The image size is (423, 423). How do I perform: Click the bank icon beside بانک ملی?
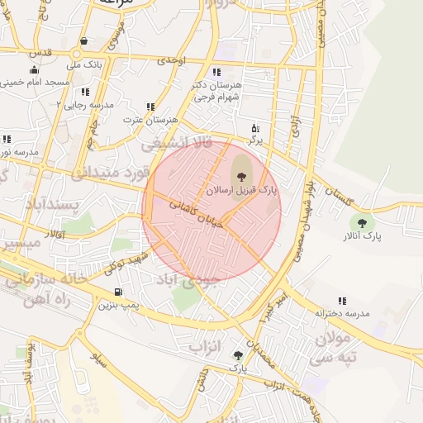click(x=83, y=40)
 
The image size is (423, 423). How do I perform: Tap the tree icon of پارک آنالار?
click(x=361, y=221)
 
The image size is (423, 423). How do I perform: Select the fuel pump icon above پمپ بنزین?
click(x=119, y=292)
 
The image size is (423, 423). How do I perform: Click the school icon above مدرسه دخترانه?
click(x=342, y=302)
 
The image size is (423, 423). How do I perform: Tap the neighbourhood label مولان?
click(x=332, y=338)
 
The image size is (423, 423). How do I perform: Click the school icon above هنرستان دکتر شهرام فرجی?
click(x=216, y=72)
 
